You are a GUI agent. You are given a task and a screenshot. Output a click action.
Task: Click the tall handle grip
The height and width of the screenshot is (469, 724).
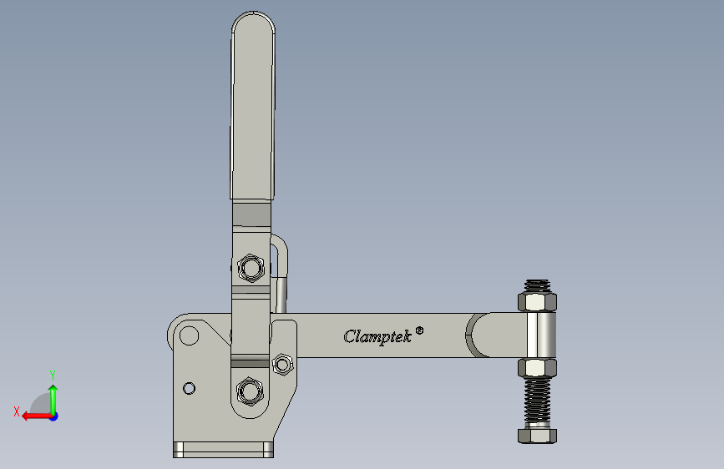coord(252,108)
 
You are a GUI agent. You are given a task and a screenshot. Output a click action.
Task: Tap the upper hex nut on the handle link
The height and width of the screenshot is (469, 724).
coord(250,268)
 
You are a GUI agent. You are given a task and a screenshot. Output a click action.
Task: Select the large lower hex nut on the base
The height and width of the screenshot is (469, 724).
coord(250,390)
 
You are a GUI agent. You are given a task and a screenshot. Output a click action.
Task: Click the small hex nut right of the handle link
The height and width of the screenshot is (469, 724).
coord(282,364)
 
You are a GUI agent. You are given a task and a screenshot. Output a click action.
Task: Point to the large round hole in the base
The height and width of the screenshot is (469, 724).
coord(189,335)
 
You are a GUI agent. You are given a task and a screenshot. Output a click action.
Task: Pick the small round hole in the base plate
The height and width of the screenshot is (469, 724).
coord(189,388)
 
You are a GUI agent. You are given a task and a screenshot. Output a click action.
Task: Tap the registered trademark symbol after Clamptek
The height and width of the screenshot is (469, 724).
coord(419,330)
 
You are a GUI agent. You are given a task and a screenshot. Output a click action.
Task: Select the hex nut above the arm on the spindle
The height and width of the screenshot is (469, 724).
coord(539,300)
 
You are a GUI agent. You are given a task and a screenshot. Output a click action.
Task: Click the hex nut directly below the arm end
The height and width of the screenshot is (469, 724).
coord(539,367)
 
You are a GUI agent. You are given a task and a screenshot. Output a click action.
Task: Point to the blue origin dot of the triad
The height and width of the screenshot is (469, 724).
coord(53,416)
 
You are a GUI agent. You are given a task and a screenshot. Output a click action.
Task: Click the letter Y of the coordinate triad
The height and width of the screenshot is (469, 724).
coord(52,375)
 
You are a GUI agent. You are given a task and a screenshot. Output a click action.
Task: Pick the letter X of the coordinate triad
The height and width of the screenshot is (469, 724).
coord(16,411)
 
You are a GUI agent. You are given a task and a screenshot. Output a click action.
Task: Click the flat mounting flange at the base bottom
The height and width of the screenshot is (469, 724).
coord(223,450)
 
